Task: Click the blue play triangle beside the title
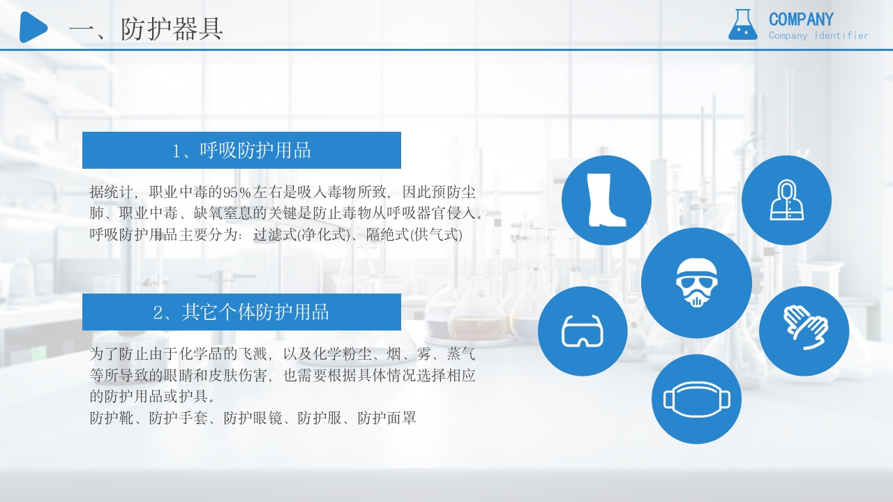(x=32, y=27)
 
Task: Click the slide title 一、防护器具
(x=147, y=29)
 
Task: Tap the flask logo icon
(x=742, y=25)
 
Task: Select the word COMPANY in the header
(x=801, y=20)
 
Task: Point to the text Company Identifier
(x=818, y=36)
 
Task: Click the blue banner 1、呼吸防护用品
(x=241, y=150)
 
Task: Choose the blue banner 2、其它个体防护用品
(x=241, y=312)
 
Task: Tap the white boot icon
(x=606, y=200)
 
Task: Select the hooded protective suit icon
(x=786, y=200)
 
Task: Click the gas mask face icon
(x=696, y=283)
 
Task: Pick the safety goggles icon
(x=582, y=331)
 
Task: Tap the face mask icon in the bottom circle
(x=696, y=399)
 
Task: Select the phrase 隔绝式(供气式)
(x=414, y=235)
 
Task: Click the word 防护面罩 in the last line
(x=387, y=418)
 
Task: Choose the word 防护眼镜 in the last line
(x=253, y=418)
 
